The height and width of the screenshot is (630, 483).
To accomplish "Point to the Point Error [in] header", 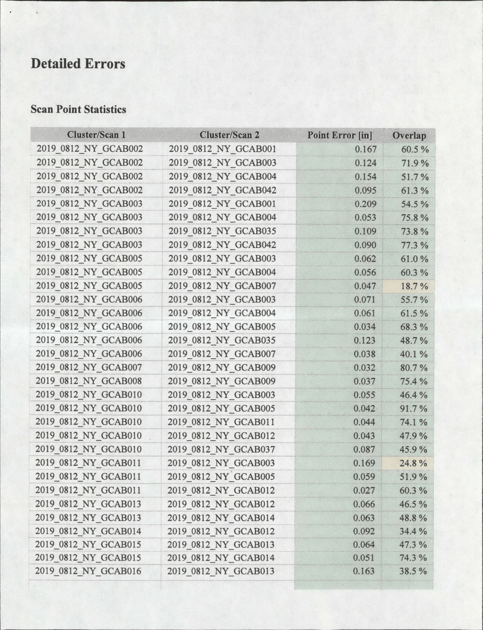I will (336, 136).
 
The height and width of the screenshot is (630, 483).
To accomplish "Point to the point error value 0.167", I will (367, 148).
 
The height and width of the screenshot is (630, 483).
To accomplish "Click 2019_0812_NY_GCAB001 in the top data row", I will (224, 148).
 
